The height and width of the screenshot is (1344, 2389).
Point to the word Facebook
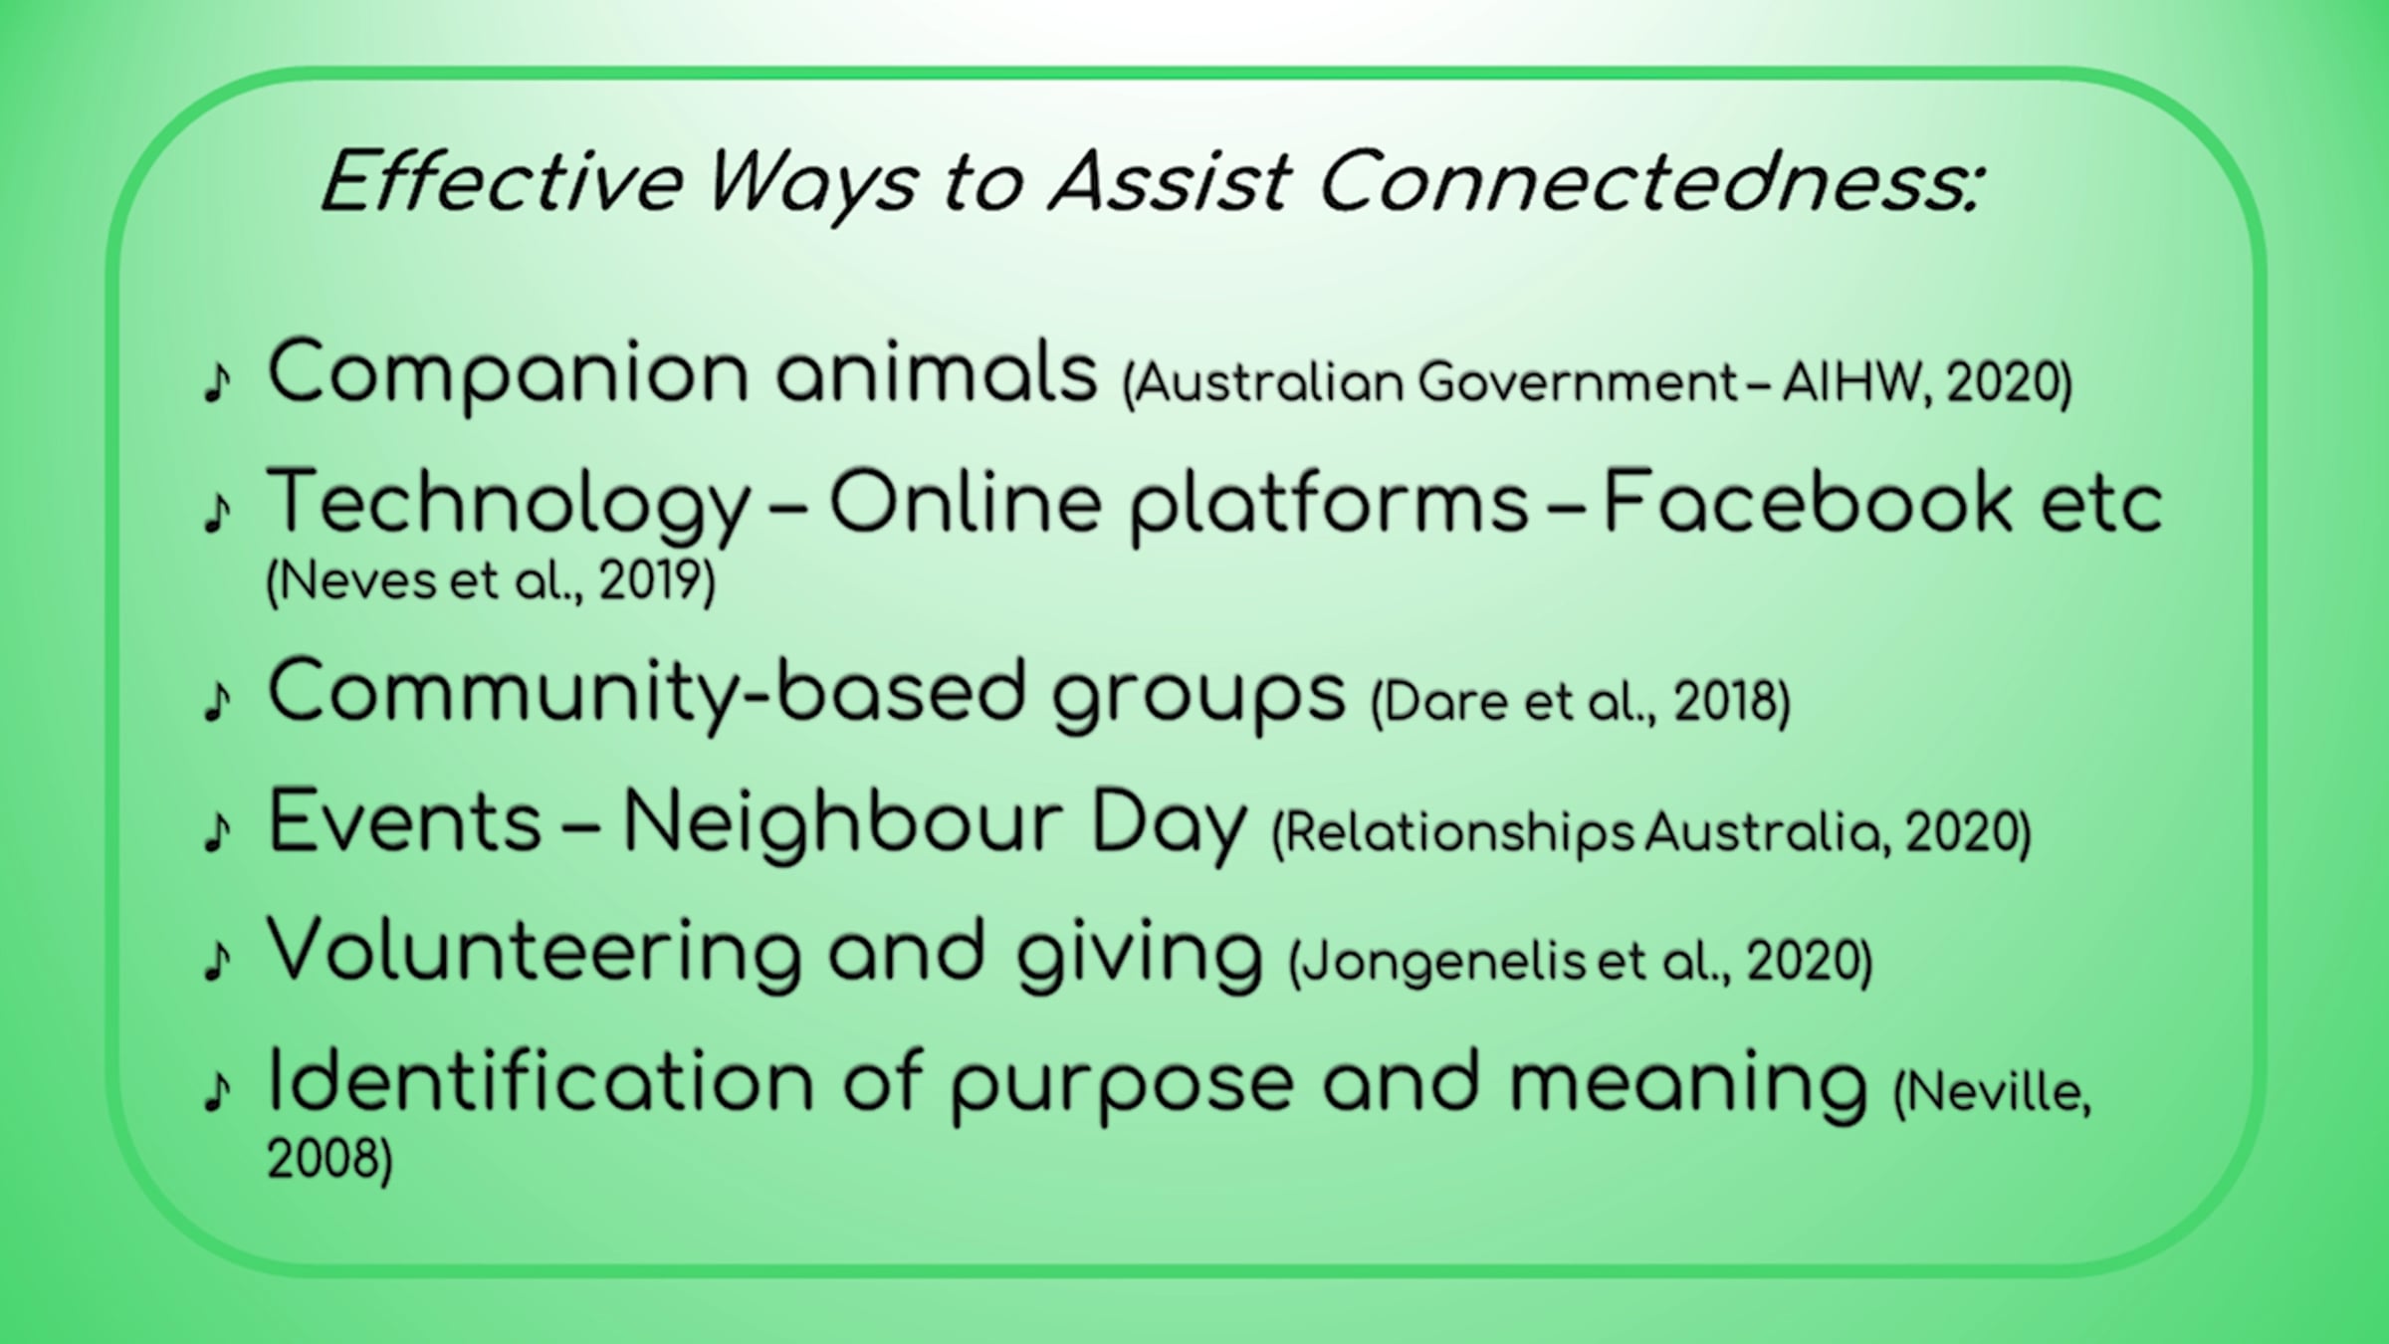[1809, 503]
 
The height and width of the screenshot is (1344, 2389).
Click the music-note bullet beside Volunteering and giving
[216, 962]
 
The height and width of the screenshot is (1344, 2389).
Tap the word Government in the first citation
[1579, 382]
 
